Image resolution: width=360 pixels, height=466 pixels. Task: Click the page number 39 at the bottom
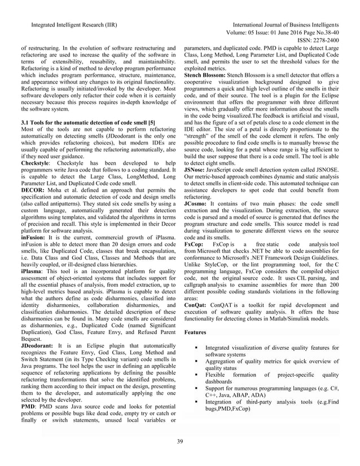[180, 441]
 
